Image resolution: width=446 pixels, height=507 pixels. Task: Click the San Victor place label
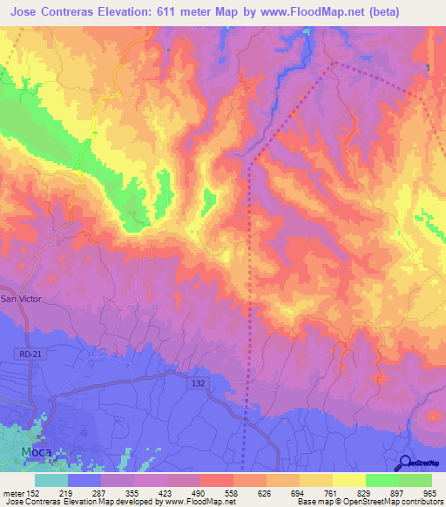(20, 299)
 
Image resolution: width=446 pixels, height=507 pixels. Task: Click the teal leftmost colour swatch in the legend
(51, 480)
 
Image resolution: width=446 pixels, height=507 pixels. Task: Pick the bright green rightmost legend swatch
(416, 480)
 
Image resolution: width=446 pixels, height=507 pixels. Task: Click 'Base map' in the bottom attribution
(311, 503)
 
